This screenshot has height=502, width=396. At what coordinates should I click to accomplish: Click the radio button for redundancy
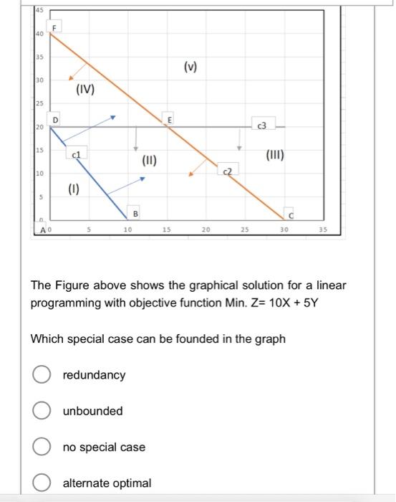(x=40, y=375)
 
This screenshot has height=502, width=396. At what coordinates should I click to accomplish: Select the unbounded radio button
(x=40, y=411)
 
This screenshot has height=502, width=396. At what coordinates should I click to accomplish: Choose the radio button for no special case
(x=40, y=447)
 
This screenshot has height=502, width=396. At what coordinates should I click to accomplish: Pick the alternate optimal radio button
(x=40, y=483)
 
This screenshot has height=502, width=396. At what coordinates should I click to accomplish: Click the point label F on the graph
(x=52, y=27)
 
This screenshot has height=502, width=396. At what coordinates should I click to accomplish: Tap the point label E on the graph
(x=170, y=118)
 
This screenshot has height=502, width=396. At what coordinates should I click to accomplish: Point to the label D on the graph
(x=54, y=118)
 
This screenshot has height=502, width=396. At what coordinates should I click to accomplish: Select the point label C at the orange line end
(x=291, y=216)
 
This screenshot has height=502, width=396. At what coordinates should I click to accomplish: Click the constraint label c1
(x=77, y=154)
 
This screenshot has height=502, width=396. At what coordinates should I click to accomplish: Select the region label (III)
(x=275, y=154)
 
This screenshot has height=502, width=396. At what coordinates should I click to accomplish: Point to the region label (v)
(x=190, y=67)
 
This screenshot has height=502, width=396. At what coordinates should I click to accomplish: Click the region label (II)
(x=149, y=160)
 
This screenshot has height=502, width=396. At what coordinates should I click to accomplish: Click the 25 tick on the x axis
(x=244, y=229)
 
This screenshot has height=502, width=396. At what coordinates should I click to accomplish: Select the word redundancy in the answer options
(x=94, y=375)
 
